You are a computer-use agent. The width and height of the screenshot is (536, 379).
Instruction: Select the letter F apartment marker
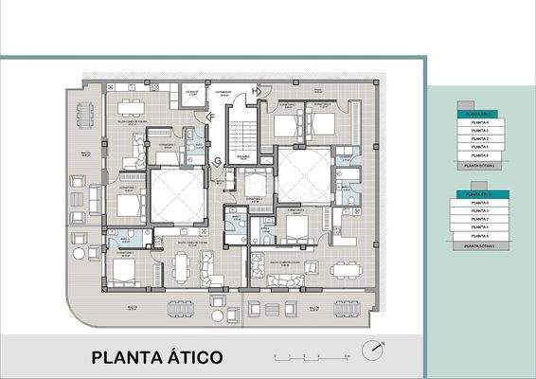pos(211,117)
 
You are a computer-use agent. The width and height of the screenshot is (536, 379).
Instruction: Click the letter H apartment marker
pos(255,91)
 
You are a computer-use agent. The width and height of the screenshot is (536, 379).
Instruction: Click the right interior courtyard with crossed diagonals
pos(303,176)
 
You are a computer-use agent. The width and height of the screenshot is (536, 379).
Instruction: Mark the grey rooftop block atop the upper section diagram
pos(465,104)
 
